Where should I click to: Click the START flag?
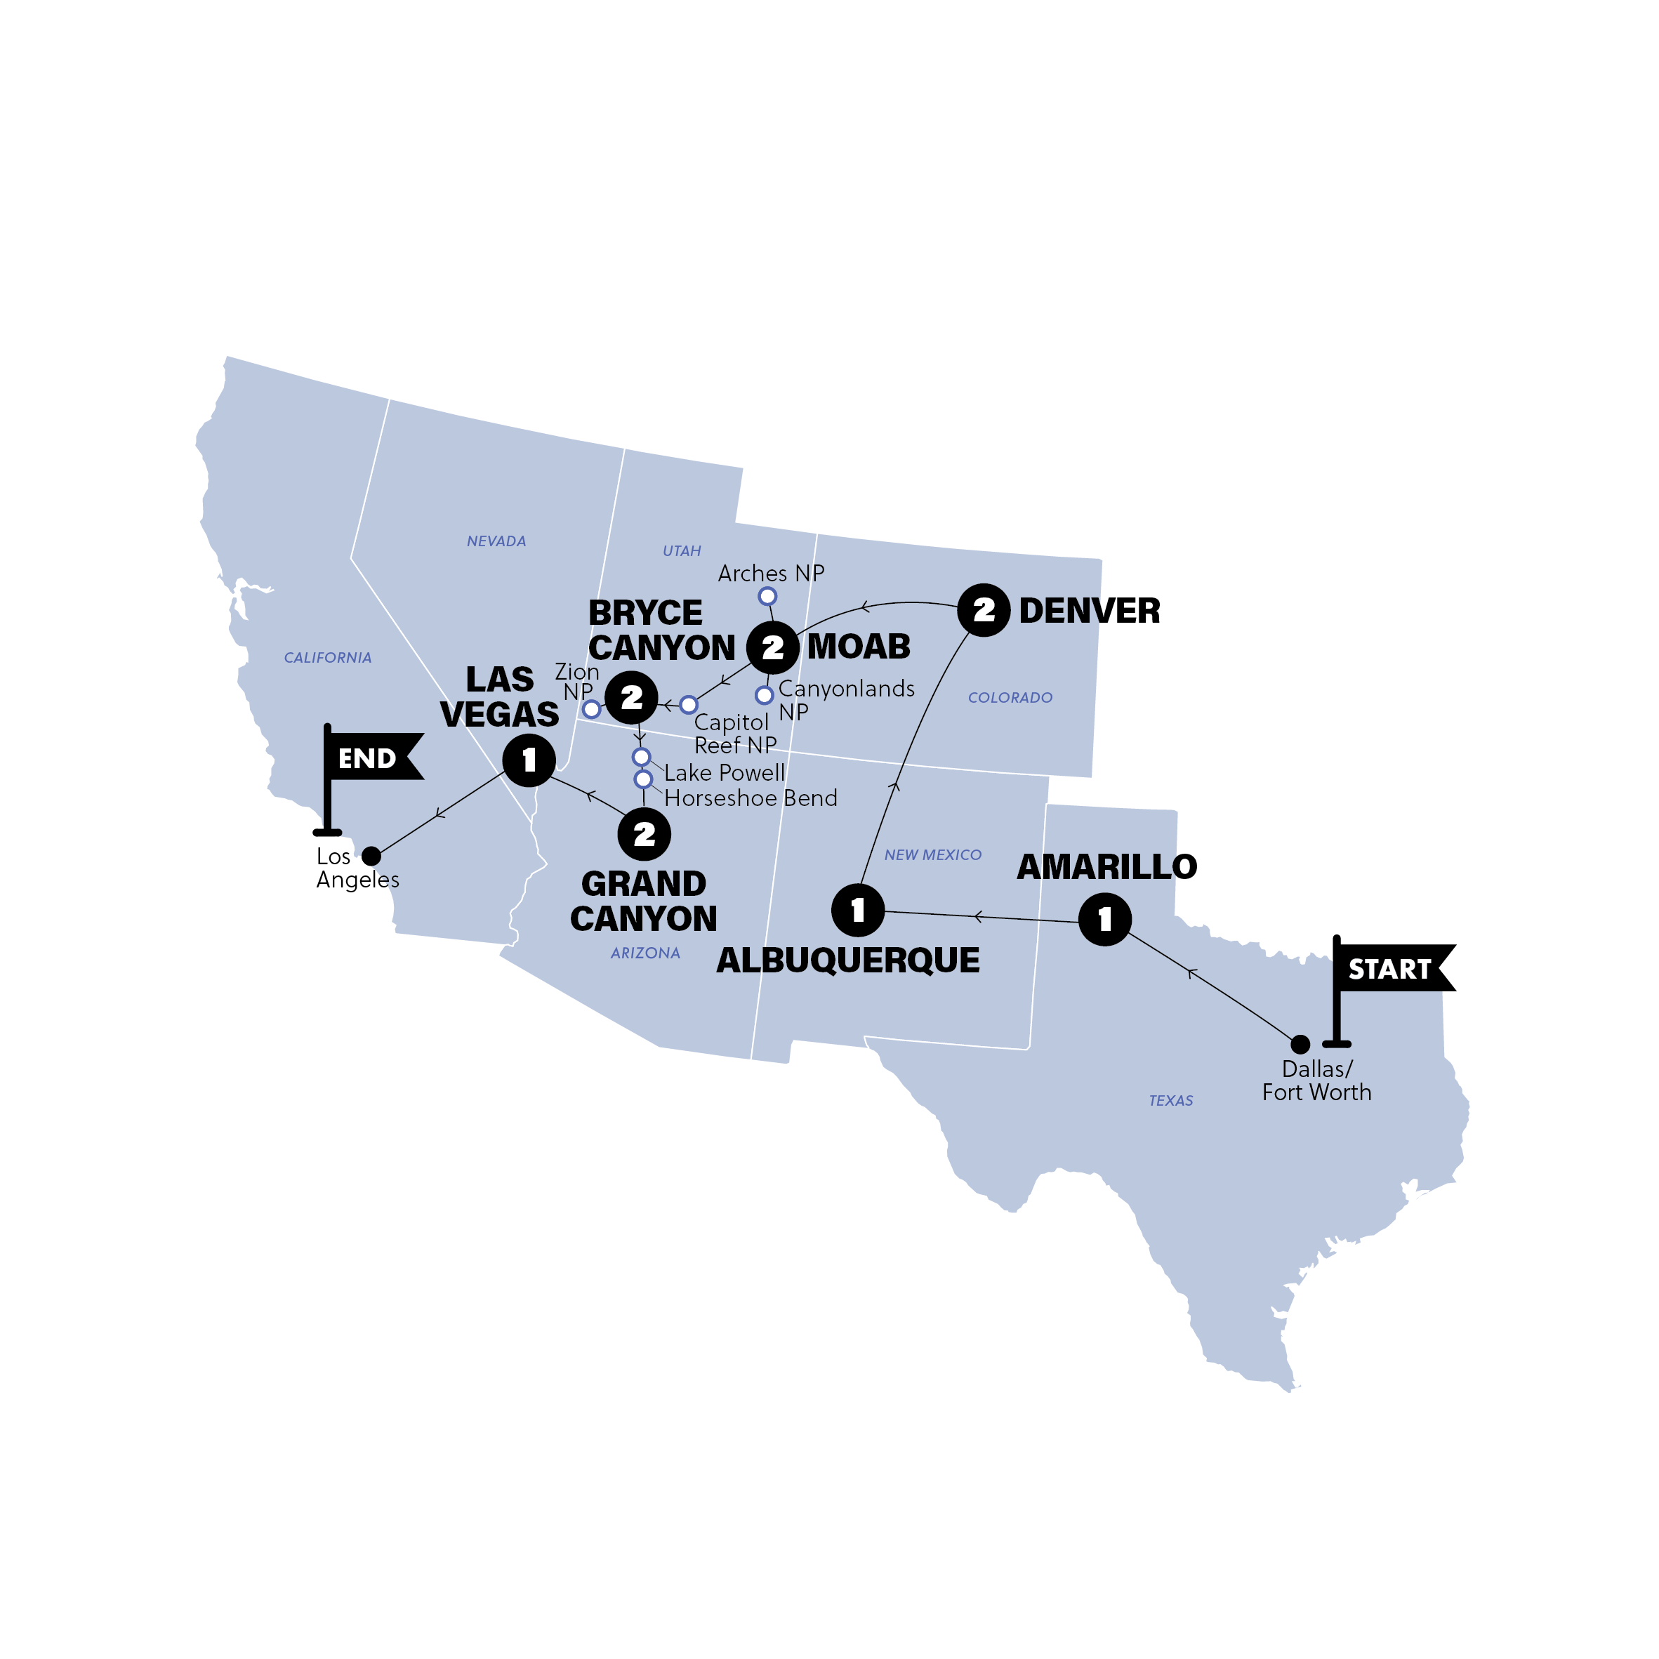(1390, 969)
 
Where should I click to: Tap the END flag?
(369, 758)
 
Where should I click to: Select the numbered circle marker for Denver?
(983, 609)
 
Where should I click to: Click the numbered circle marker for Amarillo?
(1104, 919)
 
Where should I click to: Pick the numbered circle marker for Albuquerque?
(858, 909)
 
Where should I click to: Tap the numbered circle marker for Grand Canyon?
(644, 834)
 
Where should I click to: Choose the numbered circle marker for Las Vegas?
(529, 759)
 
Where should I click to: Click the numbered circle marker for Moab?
(773, 647)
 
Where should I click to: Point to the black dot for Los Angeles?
(371, 855)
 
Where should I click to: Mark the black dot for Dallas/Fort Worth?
(1300, 1044)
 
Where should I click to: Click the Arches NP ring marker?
(767, 596)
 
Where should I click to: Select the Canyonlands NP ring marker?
(765, 694)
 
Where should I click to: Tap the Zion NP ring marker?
(590, 709)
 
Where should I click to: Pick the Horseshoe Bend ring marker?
(643, 779)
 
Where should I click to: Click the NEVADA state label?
(496, 541)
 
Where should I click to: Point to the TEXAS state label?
(1170, 1100)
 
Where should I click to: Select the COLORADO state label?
(1010, 697)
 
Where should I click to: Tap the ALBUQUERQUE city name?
(847, 960)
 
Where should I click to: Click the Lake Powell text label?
(724, 772)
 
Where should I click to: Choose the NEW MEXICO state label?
(932, 854)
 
